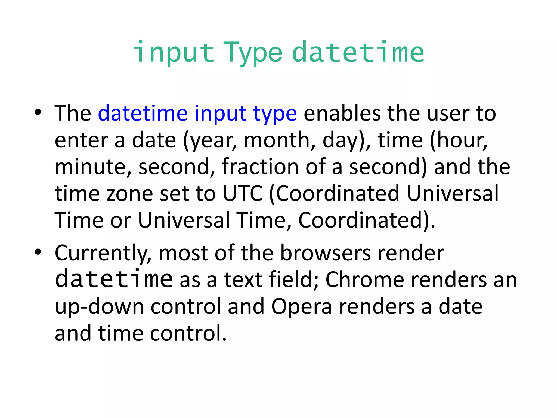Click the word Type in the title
tap(253, 53)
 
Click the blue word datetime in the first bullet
tap(143, 113)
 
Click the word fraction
tap(260, 167)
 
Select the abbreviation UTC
tap(243, 193)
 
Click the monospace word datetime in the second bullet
tap(114, 279)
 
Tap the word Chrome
tap(364, 280)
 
